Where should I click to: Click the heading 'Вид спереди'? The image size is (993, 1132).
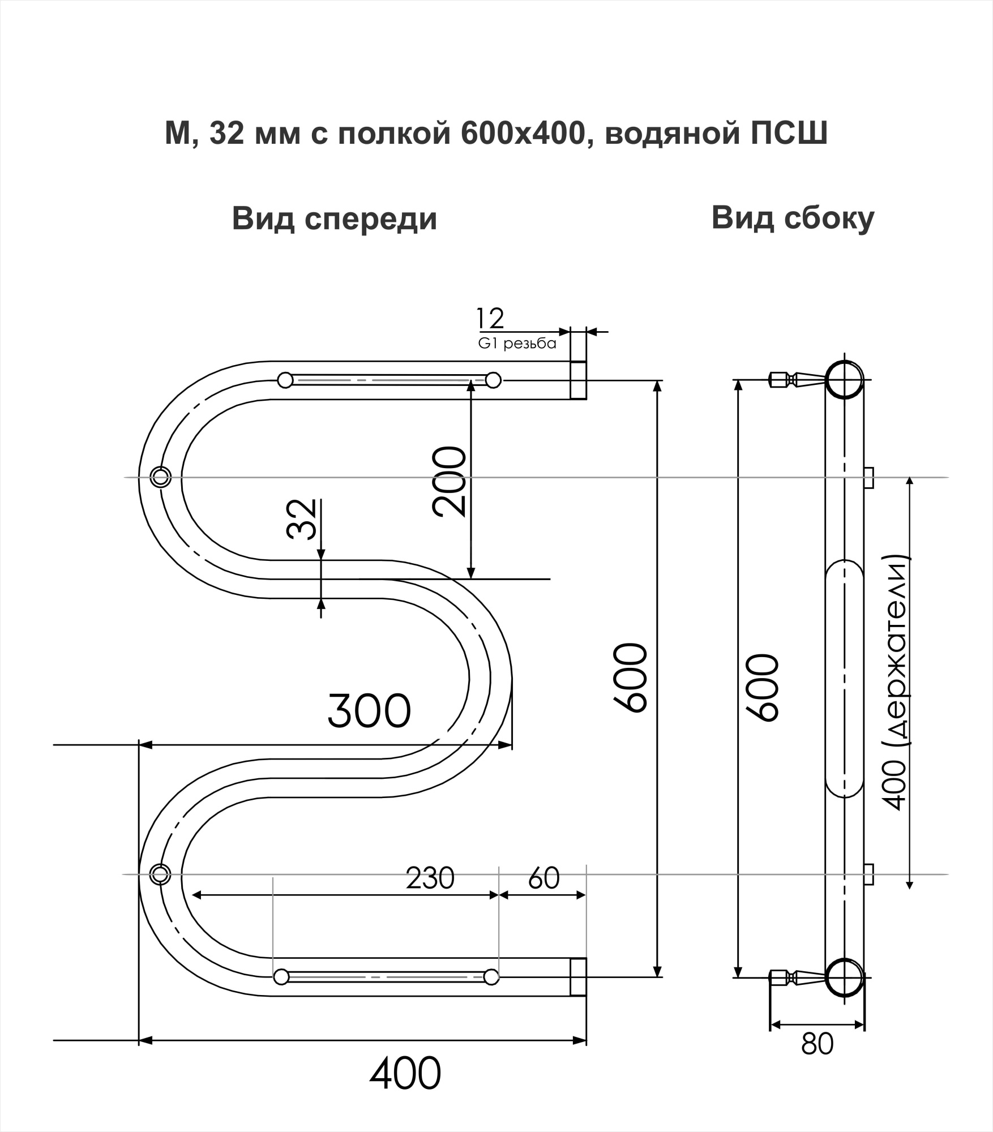tap(335, 219)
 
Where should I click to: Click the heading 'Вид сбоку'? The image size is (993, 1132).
tap(793, 218)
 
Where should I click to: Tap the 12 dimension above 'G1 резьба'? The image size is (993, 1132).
tap(490, 319)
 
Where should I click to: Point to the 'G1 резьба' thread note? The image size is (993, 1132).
tap(517, 344)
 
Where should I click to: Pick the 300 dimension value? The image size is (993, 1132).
tap(369, 711)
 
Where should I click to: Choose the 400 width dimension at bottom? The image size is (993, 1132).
tap(405, 1074)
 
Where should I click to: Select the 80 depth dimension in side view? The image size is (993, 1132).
tap(817, 1044)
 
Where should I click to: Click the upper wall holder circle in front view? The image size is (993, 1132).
tap(161, 477)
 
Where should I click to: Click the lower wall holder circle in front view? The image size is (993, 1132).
tap(161, 874)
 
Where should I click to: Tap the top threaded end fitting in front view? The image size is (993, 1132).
tap(578, 380)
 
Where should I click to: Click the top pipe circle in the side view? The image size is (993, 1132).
tap(844, 379)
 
